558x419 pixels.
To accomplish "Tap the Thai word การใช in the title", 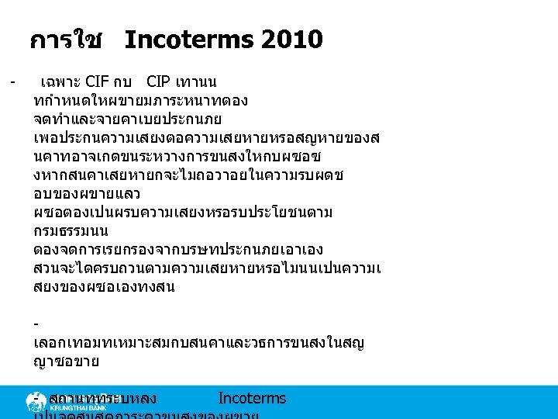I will pyautogui.click(x=66, y=40).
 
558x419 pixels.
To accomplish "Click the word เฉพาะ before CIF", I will pyautogui.click(x=60, y=81).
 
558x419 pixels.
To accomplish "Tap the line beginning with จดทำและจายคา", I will pyautogui.click(x=128, y=119).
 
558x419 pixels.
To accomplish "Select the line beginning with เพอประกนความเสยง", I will pyautogui.click(x=206, y=138).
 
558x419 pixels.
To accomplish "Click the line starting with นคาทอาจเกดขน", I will pyautogui.click(x=205, y=157).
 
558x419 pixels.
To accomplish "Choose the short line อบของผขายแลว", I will pyautogui.click(x=92, y=194).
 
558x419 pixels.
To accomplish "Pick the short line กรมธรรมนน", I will pyautogui.click(x=71, y=231).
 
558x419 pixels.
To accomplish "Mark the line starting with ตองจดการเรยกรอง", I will pyautogui.click(x=178, y=250).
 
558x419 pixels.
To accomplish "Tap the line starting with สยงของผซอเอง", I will pyautogui.click(x=105, y=287).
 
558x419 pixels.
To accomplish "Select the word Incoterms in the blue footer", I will pyautogui.click(x=252, y=399).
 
